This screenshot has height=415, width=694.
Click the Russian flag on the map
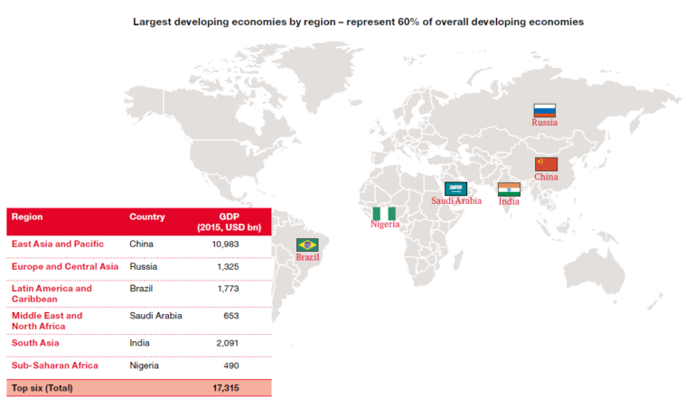[544, 110]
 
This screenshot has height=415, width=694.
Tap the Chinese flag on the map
[546, 164]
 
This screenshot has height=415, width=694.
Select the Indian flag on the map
[509, 189]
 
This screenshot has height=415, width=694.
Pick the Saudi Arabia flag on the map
[455, 189]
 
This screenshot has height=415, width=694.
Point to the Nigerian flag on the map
[384, 213]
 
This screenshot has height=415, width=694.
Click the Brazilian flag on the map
[307, 244]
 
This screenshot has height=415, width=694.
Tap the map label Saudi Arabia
[455, 200]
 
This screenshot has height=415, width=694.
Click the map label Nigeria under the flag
[384, 225]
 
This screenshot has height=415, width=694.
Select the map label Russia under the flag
[544, 122]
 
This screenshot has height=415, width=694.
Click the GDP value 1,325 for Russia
[226, 267]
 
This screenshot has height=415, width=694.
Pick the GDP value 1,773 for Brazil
[226, 289]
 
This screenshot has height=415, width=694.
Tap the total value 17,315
[222, 388]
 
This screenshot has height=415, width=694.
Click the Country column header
[146, 217]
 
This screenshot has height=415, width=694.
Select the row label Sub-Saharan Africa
[54, 365]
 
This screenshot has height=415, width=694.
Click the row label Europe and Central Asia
[64, 267]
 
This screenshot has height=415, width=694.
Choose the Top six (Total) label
[42, 388]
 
